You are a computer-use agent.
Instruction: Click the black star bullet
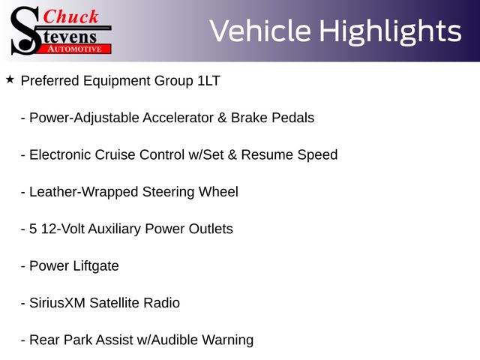click(x=10, y=79)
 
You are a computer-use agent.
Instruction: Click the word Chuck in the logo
click(x=70, y=16)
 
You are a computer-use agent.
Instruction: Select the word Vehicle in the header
click(x=260, y=31)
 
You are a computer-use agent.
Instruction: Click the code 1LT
click(x=208, y=81)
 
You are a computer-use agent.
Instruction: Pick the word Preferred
click(x=50, y=81)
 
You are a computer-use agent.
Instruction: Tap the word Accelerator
click(x=178, y=118)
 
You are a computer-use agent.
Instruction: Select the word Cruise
click(x=115, y=155)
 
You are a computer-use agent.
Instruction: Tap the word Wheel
click(x=218, y=192)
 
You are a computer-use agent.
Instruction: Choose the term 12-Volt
click(x=63, y=229)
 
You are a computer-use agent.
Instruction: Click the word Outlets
click(x=211, y=229)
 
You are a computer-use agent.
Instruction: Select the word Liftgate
click(x=96, y=266)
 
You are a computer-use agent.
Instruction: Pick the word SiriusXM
click(x=57, y=303)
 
